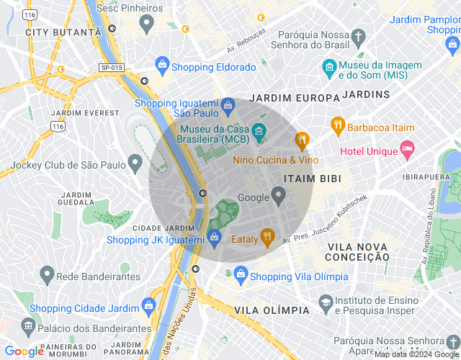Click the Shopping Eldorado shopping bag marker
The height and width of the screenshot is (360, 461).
click(x=164, y=66)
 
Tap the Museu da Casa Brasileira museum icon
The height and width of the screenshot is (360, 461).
click(x=259, y=131)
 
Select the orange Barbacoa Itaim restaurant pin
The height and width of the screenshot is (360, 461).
click(x=337, y=125)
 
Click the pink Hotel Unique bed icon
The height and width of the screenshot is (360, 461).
click(x=408, y=149)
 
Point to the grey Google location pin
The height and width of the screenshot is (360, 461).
click(x=279, y=194)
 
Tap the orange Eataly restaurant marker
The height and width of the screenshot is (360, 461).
click(x=267, y=236)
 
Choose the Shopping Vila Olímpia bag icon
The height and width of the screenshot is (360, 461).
click(x=241, y=274)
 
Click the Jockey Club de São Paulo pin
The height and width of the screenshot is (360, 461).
click(x=135, y=163)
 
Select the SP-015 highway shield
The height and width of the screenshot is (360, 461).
click(x=112, y=67)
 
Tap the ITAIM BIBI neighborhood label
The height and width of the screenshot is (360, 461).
click(x=313, y=178)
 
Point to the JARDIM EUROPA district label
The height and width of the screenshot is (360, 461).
click(x=294, y=97)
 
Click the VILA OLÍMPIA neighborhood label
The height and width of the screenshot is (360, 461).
click(x=272, y=310)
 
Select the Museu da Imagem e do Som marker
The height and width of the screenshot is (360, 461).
click(x=329, y=69)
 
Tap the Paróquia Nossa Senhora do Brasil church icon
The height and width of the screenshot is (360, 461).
click(x=358, y=36)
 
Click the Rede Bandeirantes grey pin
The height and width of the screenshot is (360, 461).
click(x=47, y=274)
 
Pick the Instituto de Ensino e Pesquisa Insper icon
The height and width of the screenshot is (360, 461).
click(x=325, y=302)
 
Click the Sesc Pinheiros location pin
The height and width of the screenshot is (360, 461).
click(x=146, y=23)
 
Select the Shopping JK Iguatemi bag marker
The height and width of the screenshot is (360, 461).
click(x=214, y=236)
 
